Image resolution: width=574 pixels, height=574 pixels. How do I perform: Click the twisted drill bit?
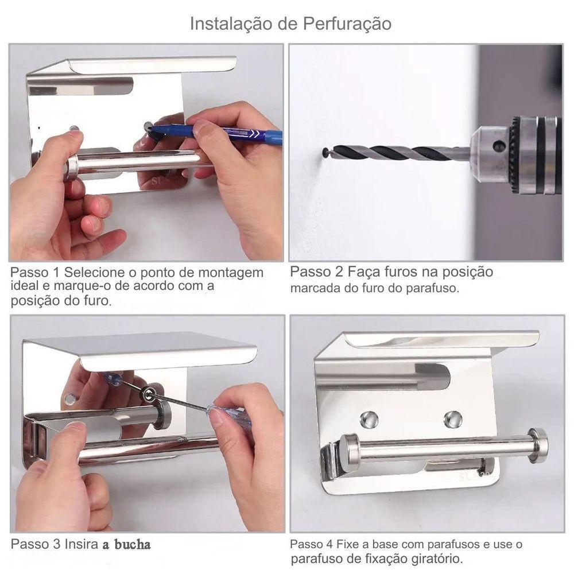396,153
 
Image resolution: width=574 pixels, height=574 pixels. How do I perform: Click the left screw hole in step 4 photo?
369,420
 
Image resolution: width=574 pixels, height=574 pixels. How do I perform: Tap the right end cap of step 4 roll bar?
538,445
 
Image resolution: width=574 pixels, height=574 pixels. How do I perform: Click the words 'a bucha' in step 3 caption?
127,544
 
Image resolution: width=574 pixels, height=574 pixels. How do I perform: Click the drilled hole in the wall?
325,153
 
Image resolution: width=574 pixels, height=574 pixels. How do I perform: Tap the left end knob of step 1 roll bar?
71,168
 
